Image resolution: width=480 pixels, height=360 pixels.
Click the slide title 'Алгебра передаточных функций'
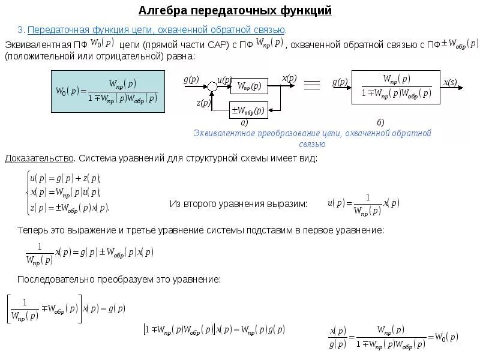click(235, 11)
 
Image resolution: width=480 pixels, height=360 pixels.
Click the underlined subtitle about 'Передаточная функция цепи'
click(157, 29)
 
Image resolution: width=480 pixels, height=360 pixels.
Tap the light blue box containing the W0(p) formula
click(107, 91)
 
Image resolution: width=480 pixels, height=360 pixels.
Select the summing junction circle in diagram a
click(212, 86)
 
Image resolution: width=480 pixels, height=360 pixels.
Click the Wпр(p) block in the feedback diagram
click(249, 86)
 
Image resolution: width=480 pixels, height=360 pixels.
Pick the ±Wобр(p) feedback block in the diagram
click(249, 110)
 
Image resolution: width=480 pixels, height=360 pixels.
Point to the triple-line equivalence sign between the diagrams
click(311, 85)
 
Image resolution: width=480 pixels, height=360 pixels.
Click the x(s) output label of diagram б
click(450, 82)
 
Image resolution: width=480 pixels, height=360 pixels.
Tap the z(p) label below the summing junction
click(203, 103)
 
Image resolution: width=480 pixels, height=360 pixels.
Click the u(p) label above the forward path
click(224, 79)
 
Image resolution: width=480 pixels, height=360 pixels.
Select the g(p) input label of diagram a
click(191, 79)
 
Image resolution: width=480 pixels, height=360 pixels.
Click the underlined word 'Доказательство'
click(40, 158)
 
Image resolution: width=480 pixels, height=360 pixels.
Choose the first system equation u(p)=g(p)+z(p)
click(65, 178)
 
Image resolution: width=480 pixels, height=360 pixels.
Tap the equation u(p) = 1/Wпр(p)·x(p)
click(363, 204)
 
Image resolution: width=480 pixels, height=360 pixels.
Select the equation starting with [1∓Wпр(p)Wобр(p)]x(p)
click(214, 329)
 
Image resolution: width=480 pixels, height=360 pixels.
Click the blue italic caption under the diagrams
click(312, 138)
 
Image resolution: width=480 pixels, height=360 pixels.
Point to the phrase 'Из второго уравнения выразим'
click(238, 204)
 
